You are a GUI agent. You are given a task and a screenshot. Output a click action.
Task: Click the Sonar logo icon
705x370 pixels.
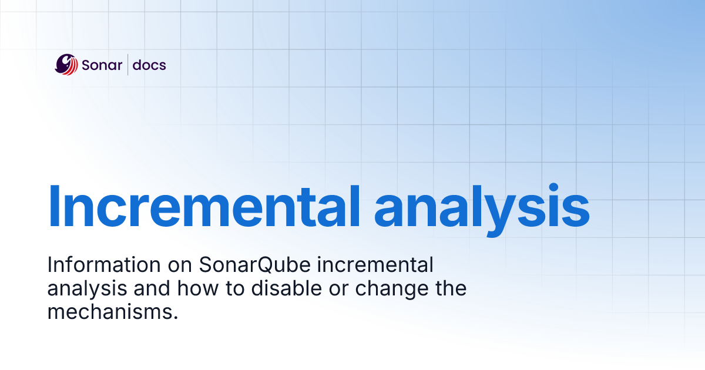click(66, 65)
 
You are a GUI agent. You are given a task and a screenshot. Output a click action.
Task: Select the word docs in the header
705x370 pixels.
click(149, 65)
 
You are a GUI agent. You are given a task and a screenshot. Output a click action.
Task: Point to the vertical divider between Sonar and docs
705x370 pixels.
click(128, 65)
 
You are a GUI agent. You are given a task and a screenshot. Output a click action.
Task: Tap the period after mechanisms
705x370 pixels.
click(175, 317)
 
